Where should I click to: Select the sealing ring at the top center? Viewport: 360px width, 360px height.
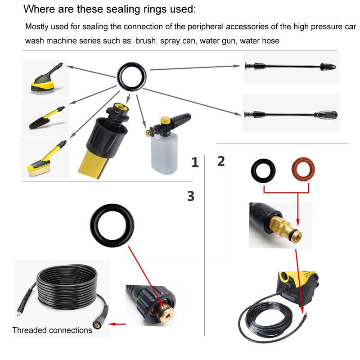click(133, 72)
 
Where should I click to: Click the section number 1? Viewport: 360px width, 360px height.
click(194, 162)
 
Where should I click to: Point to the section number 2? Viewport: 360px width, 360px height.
click(220, 161)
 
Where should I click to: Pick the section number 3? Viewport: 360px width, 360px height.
click(190, 196)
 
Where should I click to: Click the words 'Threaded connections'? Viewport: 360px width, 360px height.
click(52, 330)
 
